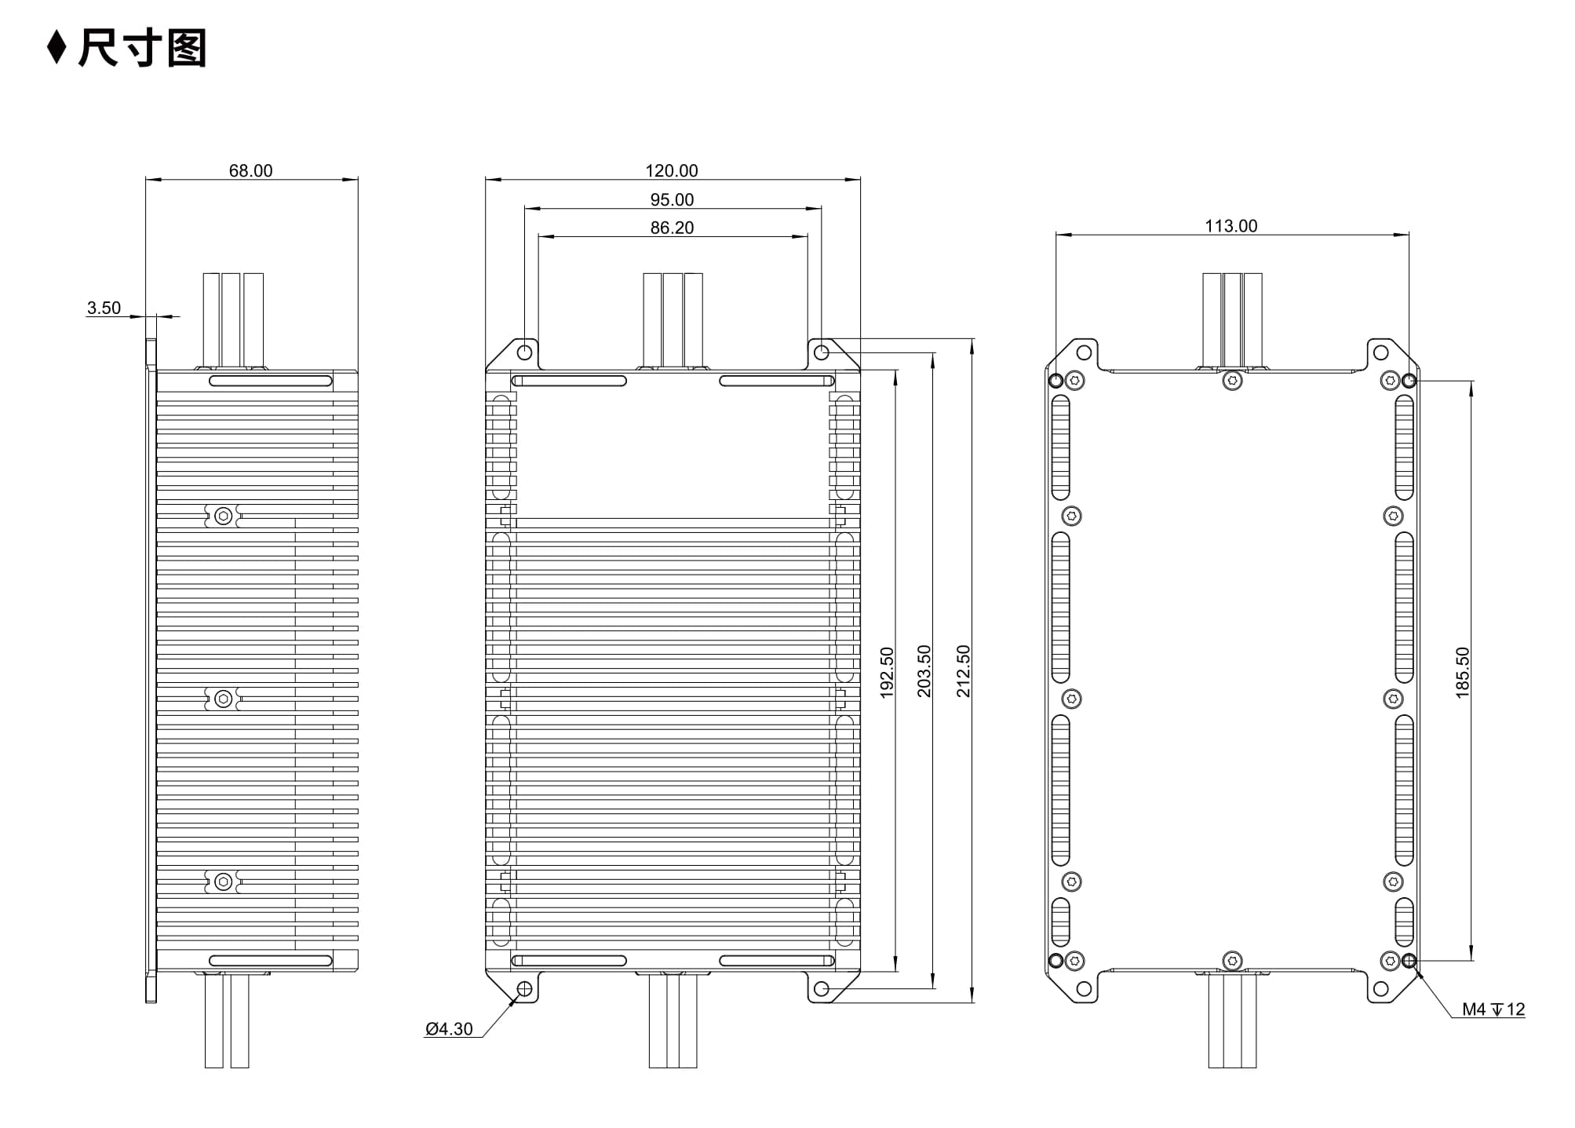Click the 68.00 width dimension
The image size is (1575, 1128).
point(250,170)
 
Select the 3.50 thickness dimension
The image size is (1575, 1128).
point(104,308)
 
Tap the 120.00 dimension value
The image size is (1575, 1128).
point(672,170)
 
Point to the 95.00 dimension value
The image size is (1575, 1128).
point(672,199)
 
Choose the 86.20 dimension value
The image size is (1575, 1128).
point(672,228)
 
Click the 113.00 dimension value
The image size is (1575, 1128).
point(1230,226)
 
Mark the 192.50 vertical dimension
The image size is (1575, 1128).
point(887,672)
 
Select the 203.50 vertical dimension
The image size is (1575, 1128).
point(924,671)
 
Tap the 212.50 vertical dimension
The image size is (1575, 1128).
point(963,671)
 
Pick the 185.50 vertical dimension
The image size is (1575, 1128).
point(1462,673)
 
